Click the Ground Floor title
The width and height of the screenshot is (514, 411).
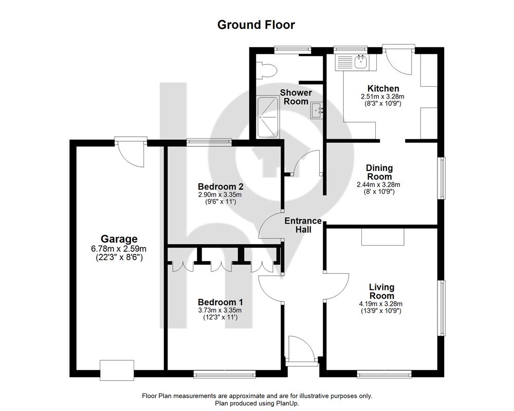[256, 25]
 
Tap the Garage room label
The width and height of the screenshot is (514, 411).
[119, 239]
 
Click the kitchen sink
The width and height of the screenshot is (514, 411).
[361, 62]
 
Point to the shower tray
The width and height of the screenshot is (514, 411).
[267, 117]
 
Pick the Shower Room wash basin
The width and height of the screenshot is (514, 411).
[316, 110]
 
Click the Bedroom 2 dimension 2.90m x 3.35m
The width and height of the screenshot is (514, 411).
[220, 195]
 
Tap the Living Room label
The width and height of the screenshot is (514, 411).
[381, 291]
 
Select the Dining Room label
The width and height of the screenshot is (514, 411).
[379, 172]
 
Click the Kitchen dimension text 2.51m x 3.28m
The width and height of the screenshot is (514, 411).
[382, 97]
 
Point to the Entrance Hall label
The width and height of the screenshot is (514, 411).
[303, 225]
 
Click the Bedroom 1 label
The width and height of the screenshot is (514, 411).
[221, 302]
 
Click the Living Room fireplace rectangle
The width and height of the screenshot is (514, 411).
[383, 237]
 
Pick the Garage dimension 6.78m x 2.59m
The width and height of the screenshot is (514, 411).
[119, 249]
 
